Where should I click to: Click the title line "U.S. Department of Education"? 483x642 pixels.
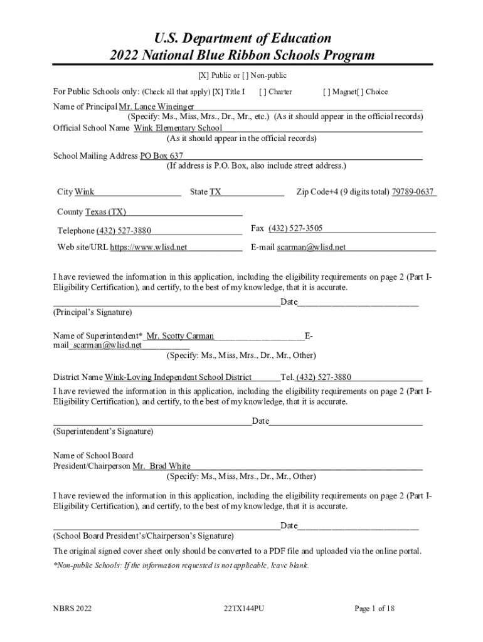(242, 38)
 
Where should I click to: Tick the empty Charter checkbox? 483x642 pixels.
(262, 92)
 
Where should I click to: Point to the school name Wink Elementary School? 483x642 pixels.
(178, 128)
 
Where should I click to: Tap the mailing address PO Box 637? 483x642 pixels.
(162, 155)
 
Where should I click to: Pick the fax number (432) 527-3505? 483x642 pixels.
(295, 228)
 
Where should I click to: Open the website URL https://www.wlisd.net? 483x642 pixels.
(149, 247)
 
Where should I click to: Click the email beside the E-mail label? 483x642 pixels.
(311, 247)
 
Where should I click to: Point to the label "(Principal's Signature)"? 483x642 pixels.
(92, 312)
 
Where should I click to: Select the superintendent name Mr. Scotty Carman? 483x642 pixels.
(180, 336)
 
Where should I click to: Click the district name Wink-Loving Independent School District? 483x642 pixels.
(178, 377)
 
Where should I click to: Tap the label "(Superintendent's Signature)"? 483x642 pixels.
(103, 431)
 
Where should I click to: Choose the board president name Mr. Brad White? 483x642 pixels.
(162, 466)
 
